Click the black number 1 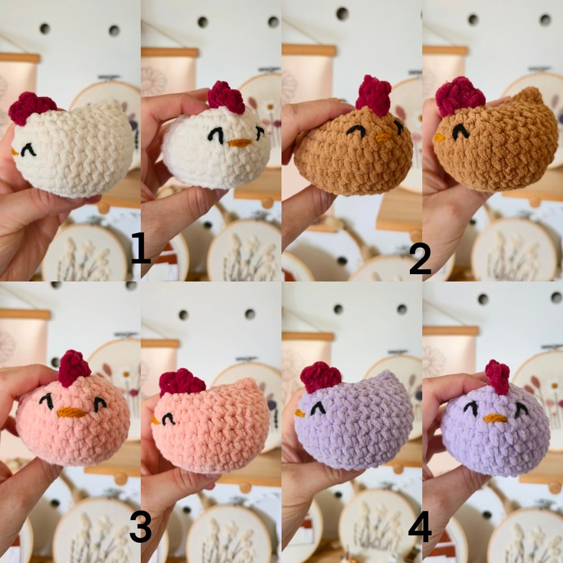point(141,248)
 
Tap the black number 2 point(420,258)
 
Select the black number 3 point(140,526)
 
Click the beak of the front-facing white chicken point(239,143)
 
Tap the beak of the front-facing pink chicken point(72,413)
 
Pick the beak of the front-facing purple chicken point(495,418)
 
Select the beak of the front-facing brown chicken point(383,137)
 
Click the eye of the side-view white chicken point(28,150)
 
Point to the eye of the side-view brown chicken point(461,132)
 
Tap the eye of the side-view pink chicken point(168,419)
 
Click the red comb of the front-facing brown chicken point(373,95)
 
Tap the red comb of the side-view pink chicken point(181,383)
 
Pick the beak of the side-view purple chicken point(300,413)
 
